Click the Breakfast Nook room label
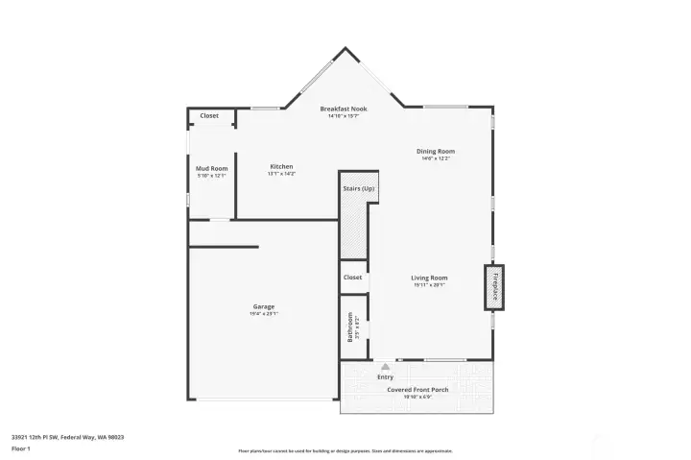coord(344,109)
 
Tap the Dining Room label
coord(435,151)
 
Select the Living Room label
coord(429,278)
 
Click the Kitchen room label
coord(281,166)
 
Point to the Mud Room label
coord(211,168)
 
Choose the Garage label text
coord(264,306)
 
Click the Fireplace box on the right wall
coord(495,287)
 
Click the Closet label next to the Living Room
coord(352,277)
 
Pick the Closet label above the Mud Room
coord(209,116)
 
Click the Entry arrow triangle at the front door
coord(385,366)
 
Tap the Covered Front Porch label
coord(417,389)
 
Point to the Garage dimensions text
coord(264,314)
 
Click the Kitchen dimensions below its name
coord(281,174)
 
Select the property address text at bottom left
coord(67,436)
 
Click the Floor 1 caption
coord(21,448)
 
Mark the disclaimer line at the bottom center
coord(345,450)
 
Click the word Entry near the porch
coord(385,376)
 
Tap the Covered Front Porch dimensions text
coord(417,397)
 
